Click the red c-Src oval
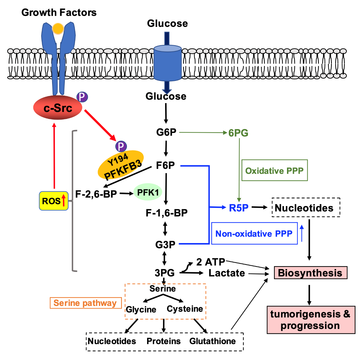(x=58, y=108)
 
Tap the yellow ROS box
(x=54, y=201)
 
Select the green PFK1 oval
(x=148, y=192)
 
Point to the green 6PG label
(x=238, y=133)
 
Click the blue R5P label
(x=239, y=208)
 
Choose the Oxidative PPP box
(x=275, y=170)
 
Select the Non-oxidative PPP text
(x=254, y=234)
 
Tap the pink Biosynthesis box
(x=310, y=273)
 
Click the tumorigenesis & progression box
(x=311, y=320)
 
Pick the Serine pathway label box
(x=85, y=303)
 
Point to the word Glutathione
(x=212, y=341)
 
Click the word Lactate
(x=227, y=273)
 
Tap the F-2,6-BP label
(x=96, y=194)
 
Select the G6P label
(x=166, y=132)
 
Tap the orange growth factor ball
(x=58, y=29)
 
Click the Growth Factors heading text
(x=59, y=12)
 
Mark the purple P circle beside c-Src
(x=82, y=97)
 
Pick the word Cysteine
(x=185, y=309)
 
